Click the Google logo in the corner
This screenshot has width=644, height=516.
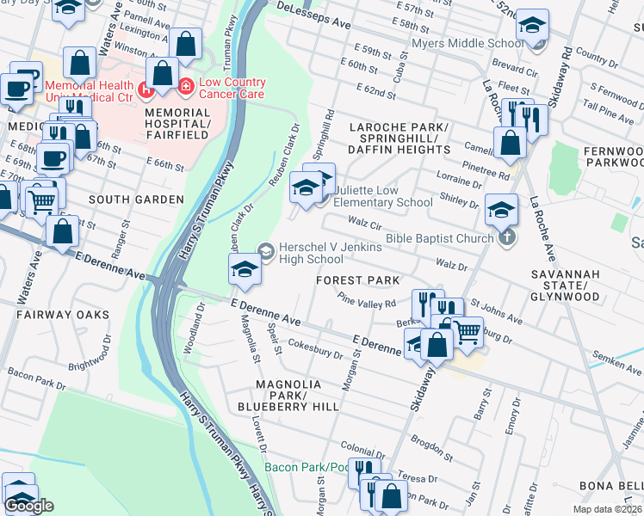(30, 506)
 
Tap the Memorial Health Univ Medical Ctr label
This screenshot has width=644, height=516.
(89, 92)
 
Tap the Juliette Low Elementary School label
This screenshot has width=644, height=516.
(382, 196)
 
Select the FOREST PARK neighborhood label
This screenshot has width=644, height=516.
(357, 280)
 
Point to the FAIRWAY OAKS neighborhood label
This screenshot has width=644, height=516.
(63, 315)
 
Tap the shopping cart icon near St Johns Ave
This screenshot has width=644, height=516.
(467, 330)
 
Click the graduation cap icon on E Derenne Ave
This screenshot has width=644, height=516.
(245, 269)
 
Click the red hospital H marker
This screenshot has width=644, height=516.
(148, 87)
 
